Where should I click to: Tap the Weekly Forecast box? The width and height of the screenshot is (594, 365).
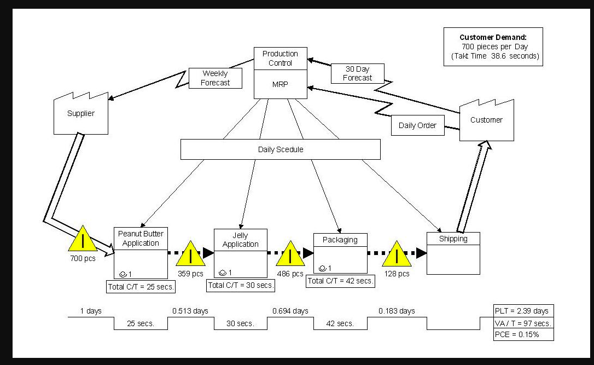(x=215, y=78)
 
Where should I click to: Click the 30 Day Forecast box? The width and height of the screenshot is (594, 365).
(x=357, y=73)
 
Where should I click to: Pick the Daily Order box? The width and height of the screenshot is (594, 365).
(x=417, y=125)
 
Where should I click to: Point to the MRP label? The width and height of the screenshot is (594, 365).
(x=280, y=85)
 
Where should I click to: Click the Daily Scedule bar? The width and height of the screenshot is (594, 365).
(x=280, y=149)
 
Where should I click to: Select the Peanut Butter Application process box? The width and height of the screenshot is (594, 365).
(x=141, y=253)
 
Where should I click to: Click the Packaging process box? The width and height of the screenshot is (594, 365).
(x=340, y=253)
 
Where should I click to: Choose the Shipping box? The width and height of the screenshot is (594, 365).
(x=453, y=253)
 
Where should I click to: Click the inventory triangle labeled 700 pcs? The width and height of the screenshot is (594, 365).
(x=82, y=240)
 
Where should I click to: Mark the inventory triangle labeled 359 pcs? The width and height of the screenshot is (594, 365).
(x=190, y=254)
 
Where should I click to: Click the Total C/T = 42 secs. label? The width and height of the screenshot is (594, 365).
(x=340, y=281)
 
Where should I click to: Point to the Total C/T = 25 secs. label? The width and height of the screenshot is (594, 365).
(x=141, y=286)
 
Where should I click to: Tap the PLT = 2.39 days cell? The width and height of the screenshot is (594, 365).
(x=523, y=311)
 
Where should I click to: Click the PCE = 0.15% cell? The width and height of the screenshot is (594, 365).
(x=523, y=334)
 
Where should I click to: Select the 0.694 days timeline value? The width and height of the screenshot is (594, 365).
(x=290, y=311)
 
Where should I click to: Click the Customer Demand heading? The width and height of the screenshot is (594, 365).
(x=493, y=37)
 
